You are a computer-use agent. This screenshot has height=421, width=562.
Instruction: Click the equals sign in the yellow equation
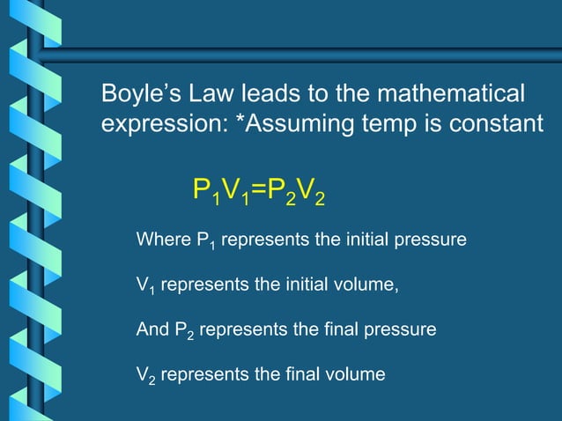coord(259,190)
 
